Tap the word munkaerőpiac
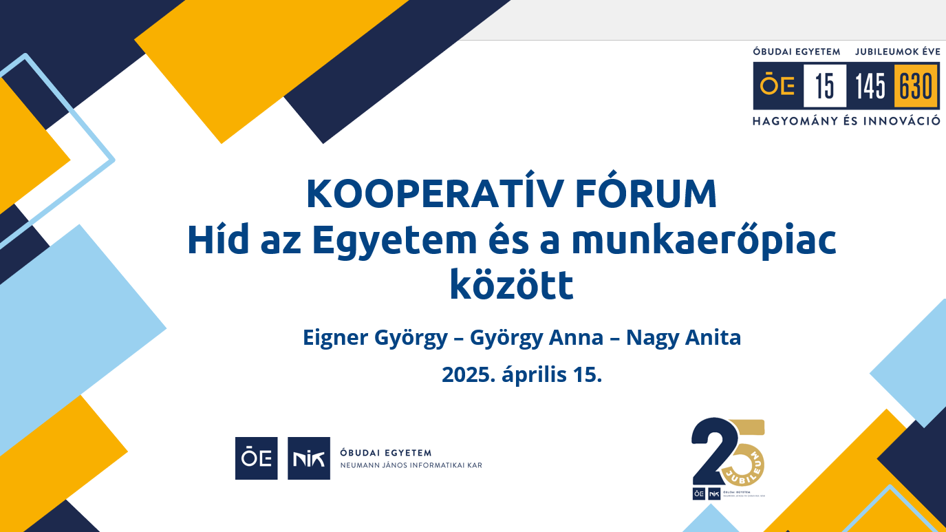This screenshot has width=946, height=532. click(703, 240)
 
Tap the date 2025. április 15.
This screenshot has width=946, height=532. click(522, 374)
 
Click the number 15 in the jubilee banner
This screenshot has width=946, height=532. click(824, 86)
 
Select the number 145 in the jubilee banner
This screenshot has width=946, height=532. click(870, 86)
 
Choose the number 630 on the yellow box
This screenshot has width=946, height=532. click(916, 86)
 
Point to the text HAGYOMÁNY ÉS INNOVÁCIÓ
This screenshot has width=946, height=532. click(846, 121)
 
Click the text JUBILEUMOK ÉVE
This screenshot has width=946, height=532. click(897, 52)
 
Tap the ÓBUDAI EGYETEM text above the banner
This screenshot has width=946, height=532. click(797, 52)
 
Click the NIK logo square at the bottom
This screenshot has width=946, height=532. click(309, 458)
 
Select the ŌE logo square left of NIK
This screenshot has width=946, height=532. click(257, 458)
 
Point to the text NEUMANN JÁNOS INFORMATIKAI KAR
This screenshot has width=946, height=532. click(411, 466)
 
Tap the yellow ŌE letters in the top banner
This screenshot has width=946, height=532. click(777, 86)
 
